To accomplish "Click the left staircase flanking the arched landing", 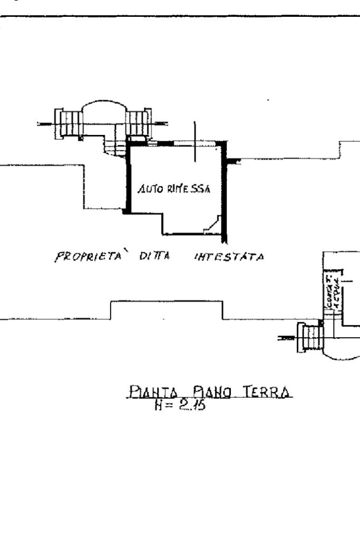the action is [67, 122].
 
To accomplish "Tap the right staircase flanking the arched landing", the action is [138, 122].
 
